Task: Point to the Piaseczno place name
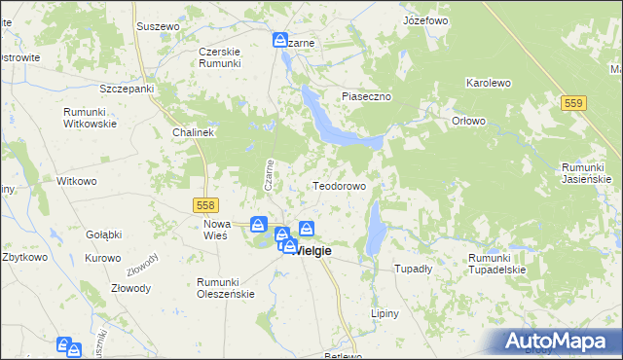pyautogui.click(x=365, y=96)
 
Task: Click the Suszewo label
pyautogui.click(x=159, y=25)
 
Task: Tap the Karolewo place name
pyautogui.click(x=489, y=84)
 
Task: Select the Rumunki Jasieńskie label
pyautogui.click(x=586, y=173)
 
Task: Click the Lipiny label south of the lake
pyautogui.click(x=386, y=313)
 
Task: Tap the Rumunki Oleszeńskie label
pyautogui.click(x=225, y=287)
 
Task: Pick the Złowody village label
pyautogui.click(x=130, y=288)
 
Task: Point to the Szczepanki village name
pyautogui.click(x=128, y=89)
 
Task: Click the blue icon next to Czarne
pyautogui.click(x=279, y=41)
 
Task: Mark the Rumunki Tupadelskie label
pyautogui.click(x=496, y=264)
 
